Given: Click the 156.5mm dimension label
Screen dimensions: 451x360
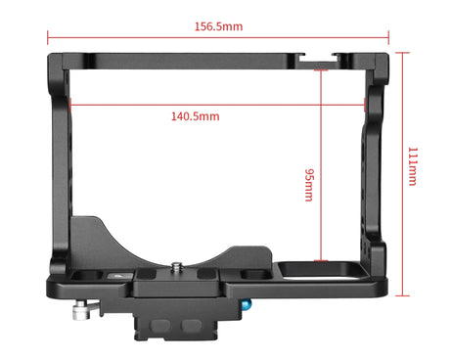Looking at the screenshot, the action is pos(218,26).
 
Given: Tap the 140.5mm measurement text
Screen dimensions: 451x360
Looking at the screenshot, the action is pos(196,116).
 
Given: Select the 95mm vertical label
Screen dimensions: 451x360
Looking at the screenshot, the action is pos(309,185).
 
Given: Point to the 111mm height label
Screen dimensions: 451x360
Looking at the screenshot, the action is pos(413,166).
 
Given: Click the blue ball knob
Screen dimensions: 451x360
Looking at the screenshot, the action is pos(247,305).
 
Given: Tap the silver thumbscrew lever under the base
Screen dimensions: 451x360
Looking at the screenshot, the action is pos(85,310).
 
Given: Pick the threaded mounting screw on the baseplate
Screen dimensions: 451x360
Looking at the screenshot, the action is pos(177,268).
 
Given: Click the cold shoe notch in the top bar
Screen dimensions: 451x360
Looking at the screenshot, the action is pos(318,61).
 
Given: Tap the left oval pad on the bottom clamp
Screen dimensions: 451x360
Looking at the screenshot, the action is pos(159,325).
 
